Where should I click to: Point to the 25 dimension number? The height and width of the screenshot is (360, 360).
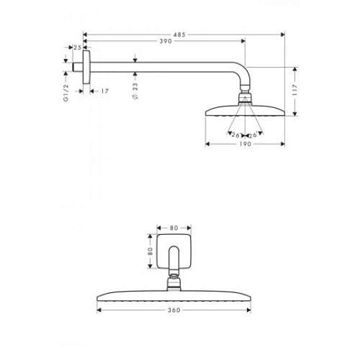(77, 48)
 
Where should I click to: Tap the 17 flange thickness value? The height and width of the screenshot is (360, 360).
(104, 91)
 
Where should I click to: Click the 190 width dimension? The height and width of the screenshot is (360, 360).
(245, 144)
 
